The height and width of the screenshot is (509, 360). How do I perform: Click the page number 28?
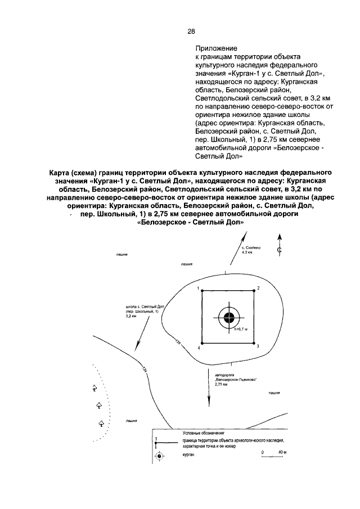(x=192, y=31)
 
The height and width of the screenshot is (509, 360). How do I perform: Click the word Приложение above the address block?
(x=216, y=49)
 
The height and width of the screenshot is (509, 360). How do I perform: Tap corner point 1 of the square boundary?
(x=202, y=291)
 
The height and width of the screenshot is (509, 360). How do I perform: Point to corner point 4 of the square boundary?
(x=202, y=344)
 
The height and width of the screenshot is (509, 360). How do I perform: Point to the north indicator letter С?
(x=278, y=249)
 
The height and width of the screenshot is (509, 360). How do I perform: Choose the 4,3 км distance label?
(x=247, y=253)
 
